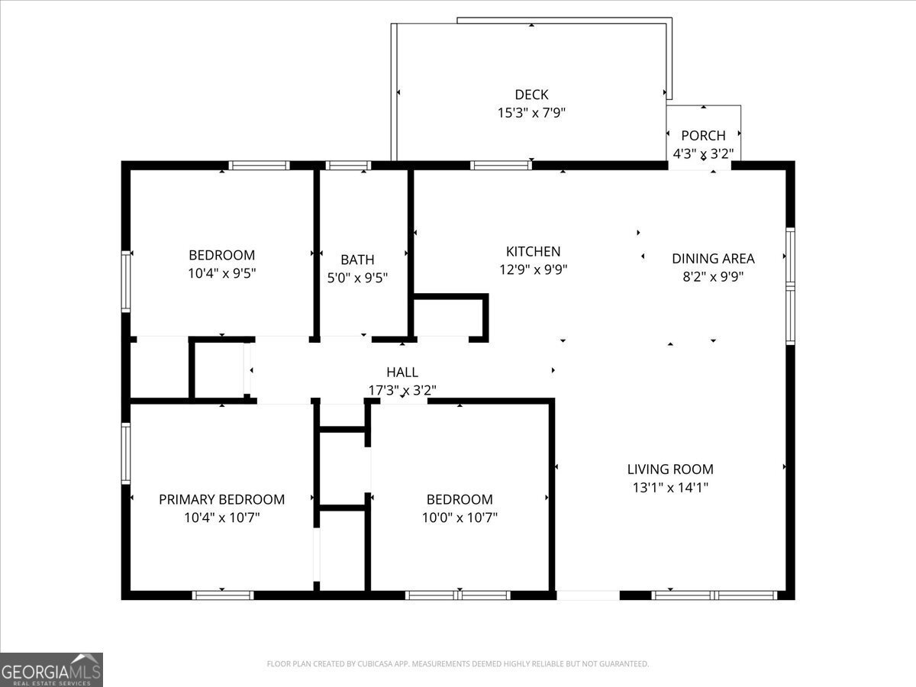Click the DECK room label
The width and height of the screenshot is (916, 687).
coord(531,95)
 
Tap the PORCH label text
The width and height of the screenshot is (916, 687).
coord(703,136)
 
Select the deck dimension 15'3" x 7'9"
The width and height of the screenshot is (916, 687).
coord(531,113)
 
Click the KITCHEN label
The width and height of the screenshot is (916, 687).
coord(533,251)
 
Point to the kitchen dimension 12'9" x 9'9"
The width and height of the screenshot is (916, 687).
coord(533,269)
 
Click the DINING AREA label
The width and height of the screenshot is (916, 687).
coord(713,258)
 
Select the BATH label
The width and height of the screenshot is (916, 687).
coord(357,260)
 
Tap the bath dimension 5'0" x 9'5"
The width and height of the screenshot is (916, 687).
coord(357,278)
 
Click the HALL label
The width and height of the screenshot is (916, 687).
coord(402,372)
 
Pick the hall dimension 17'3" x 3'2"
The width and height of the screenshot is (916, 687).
coord(402,390)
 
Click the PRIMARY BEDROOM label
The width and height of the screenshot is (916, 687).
coord(221,499)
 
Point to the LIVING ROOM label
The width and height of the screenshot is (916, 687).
coord(670,469)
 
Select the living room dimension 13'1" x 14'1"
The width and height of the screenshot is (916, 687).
coord(670,488)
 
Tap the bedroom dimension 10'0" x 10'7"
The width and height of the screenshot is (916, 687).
coord(459,518)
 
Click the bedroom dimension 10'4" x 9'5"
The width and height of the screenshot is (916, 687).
coord(221,273)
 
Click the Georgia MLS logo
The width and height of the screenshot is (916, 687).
coord(51,669)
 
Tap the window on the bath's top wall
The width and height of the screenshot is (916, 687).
coord(348,165)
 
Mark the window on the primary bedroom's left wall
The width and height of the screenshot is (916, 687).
coord(126,453)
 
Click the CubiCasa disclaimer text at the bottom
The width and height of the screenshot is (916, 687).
coord(458,664)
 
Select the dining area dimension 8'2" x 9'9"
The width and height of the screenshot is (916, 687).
coord(713,276)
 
